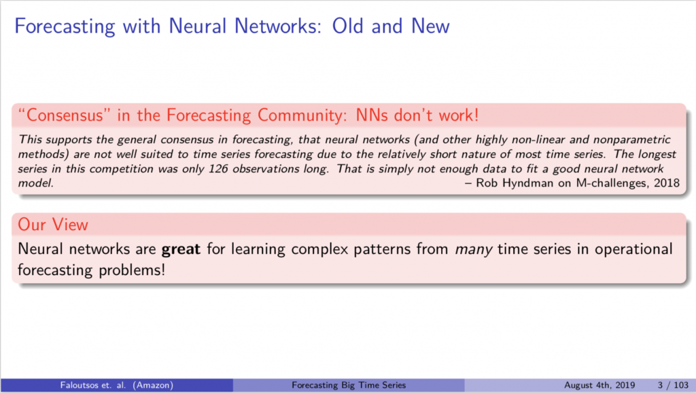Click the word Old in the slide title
click(x=347, y=26)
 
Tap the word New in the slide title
click(x=430, y=26)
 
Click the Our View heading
click(x=53, y=225)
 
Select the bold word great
click(x=181, y=250)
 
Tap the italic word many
click(x=473, y=250)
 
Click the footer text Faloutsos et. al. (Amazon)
click(x=117, y=385)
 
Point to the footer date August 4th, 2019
click(x=599, y=385)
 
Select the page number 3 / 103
click(x=674, y=385)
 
